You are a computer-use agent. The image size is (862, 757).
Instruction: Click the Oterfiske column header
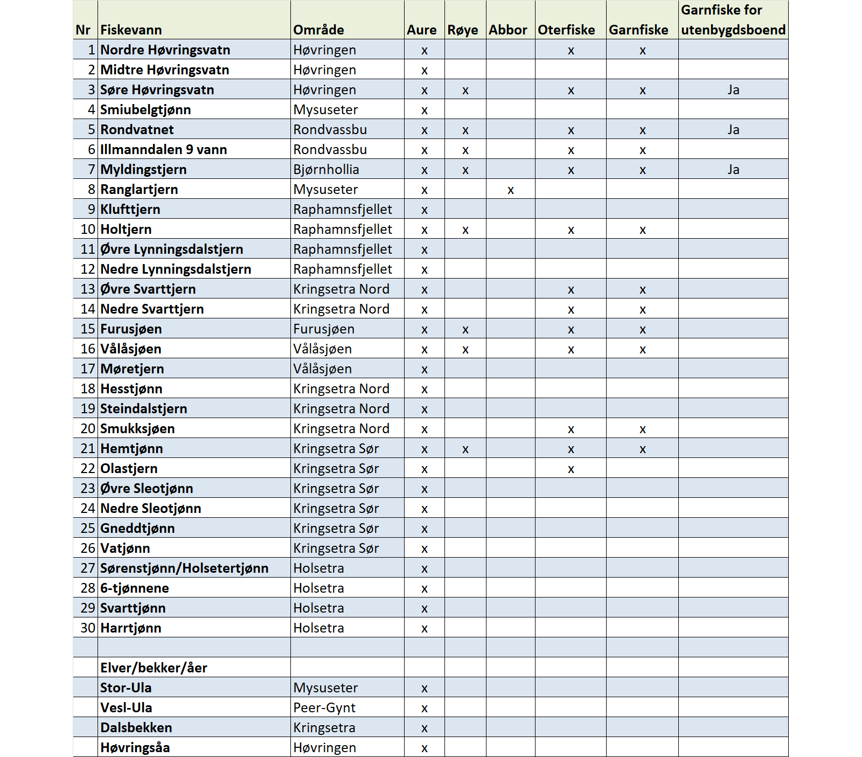(566, 30)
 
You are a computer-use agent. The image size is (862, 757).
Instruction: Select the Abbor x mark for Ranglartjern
(510, 190)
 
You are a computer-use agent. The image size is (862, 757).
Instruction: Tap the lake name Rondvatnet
(137, 130)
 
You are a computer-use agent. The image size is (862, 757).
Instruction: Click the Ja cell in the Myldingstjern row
(733, 170)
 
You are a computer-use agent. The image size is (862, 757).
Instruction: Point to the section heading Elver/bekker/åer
(154, 668)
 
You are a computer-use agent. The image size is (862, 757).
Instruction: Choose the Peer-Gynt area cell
(324, 708)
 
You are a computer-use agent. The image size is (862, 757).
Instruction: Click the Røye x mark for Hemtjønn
(465, 449)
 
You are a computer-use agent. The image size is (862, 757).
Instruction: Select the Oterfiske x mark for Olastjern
(571, 469)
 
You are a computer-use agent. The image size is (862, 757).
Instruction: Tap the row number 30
(88, 628)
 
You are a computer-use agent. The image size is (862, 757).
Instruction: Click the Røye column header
(463, 30)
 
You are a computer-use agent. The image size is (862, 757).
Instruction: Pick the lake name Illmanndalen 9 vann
(163, 150)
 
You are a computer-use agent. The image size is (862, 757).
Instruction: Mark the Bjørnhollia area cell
(326, 170)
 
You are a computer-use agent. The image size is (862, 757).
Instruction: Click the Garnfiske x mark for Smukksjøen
(642, 429)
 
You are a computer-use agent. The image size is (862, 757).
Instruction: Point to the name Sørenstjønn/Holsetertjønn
(184, 568)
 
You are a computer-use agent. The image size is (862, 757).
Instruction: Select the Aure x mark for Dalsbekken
(424, 728)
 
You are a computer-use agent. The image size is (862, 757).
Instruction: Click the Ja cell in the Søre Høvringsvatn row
(733, 90)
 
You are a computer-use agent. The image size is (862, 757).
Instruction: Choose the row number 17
(88, 369)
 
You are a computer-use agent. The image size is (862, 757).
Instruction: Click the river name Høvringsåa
(135, 748)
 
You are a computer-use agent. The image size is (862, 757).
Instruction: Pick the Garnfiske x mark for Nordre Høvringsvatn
(642, 51)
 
